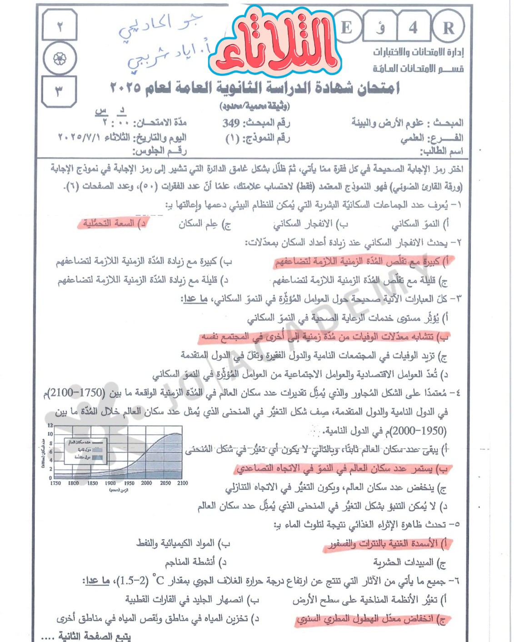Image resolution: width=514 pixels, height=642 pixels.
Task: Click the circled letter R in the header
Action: pyautogui.click(x=448, y=28)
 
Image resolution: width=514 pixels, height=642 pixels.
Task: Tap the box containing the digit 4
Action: pyautogui.click(x=413, y=28)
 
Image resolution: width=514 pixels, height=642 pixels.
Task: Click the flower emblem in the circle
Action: pyautogui.click(x=60, y=59)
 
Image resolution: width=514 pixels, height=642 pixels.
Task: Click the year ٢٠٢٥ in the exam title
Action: pyautogui.click(x=125, y=87)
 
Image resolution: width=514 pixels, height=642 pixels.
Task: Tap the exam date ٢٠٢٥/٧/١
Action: pyautogui.click(x=79, y=137)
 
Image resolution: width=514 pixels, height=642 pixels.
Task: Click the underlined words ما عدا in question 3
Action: pyautogui.click(x=195, y=299)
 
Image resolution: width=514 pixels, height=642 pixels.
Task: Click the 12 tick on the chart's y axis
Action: pyautogui.click(x=50, y=425)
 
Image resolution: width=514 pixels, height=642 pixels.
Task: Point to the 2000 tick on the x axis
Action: pyautogui.click(x=146, y=483)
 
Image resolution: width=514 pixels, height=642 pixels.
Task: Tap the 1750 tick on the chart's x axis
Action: pyautogui.click(x=55, y=483)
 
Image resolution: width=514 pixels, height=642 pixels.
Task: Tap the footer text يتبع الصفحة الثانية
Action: pyautogui.click(x=94, y=636)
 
